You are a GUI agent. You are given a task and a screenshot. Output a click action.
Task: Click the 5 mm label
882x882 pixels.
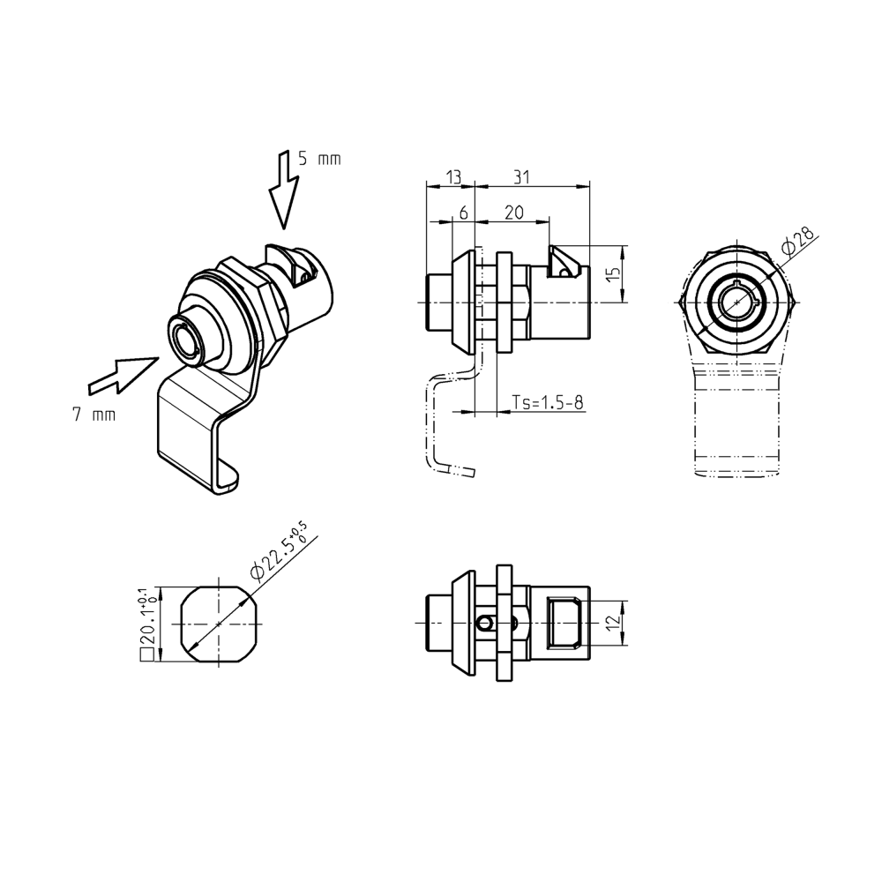318,159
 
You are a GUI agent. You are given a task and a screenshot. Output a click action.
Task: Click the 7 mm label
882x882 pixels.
93,414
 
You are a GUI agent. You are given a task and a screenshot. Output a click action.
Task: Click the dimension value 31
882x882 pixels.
522,177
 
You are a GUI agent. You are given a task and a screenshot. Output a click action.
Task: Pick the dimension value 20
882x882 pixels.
513,213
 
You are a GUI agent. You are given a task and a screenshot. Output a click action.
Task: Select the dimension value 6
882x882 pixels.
463,213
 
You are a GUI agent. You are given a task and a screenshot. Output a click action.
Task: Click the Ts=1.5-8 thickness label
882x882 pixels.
548,403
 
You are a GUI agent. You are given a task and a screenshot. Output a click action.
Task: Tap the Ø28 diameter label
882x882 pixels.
798,241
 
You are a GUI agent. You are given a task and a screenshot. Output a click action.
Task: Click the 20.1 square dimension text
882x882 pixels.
147,624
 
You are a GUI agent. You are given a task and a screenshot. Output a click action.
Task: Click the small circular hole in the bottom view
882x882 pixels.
482,623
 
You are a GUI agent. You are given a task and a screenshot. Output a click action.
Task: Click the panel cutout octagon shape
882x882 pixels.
218,623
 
